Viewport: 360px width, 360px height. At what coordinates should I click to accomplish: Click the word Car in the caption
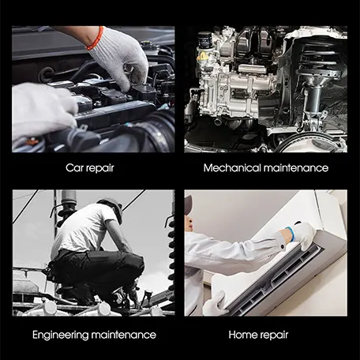(x=73, y=168)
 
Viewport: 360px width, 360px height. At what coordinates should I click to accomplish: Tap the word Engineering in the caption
(x=60, y=336)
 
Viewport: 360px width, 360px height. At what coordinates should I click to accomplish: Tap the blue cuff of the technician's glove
(x=291, y=233)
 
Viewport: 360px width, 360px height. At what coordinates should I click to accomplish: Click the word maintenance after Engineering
(x=124, y=335)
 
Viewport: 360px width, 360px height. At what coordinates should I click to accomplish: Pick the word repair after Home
(x=273, y=336)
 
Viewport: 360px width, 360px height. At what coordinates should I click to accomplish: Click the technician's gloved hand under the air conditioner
(x=216, y=303)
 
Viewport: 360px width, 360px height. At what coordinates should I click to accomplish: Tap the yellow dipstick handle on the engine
(x=202, y=55)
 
